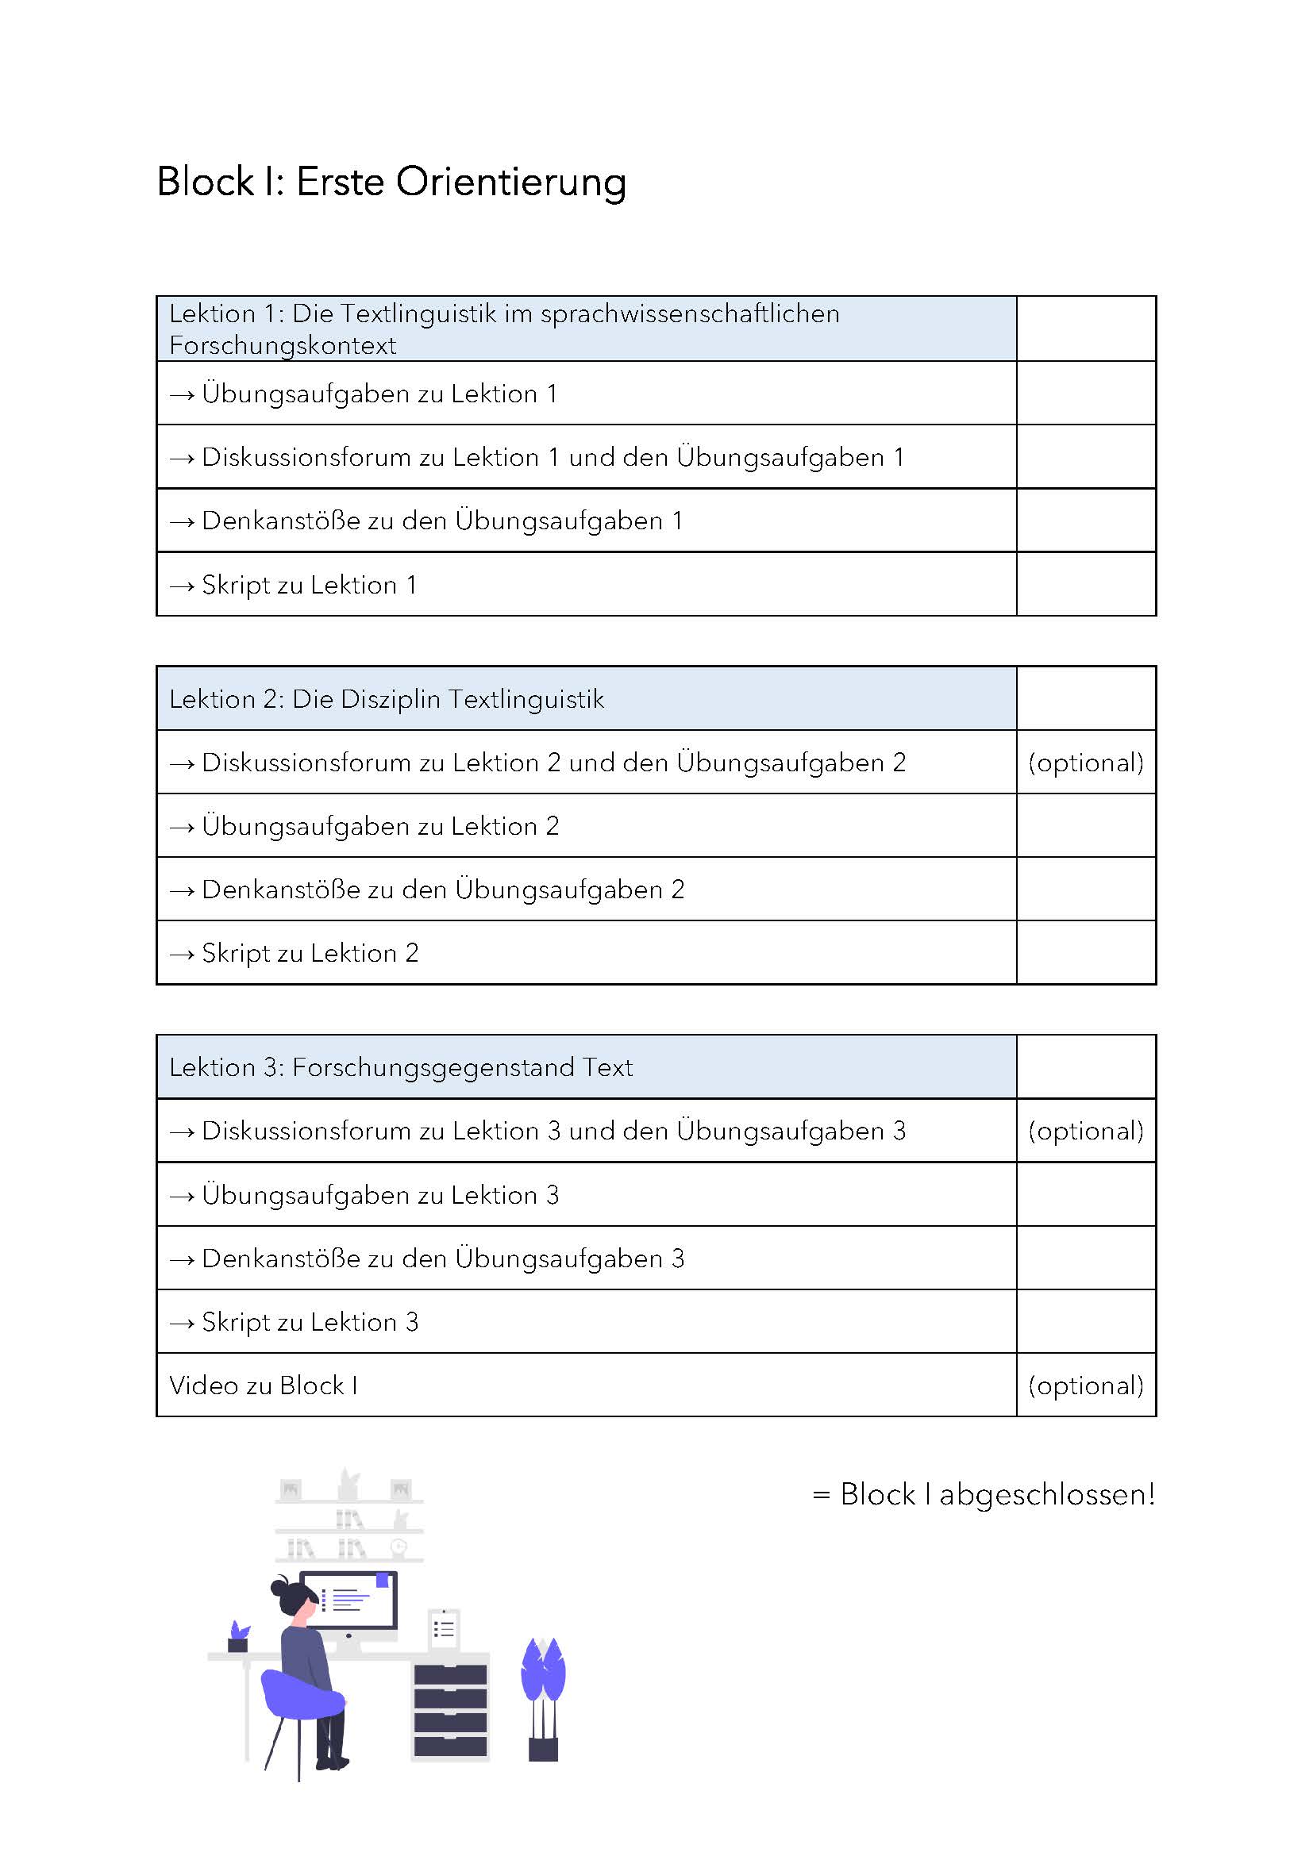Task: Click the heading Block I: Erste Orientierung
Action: click(x=391, y=182)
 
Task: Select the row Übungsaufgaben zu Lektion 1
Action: click(x=379, y=394)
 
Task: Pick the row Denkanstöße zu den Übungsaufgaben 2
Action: click(x=442, y=890)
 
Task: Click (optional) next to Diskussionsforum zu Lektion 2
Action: click(x=1085, y=763)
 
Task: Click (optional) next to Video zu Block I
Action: click(x=1085, y=1385)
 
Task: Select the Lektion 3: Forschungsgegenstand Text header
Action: click(x=401, y=1067)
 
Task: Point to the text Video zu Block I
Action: click(x=264, y=1385)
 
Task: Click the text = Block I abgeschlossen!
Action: click(x=983, y=1494)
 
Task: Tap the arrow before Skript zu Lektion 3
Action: click(x=182, y=1324)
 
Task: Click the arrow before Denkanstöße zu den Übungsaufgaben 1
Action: click(x=182, y=522)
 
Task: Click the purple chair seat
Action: click(x=301, y=1696)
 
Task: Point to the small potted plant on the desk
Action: click(x=238, y=1637)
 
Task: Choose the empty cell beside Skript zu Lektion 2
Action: click(x=1085, y=953)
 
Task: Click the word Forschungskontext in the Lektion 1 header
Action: click(x=283, y=345)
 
